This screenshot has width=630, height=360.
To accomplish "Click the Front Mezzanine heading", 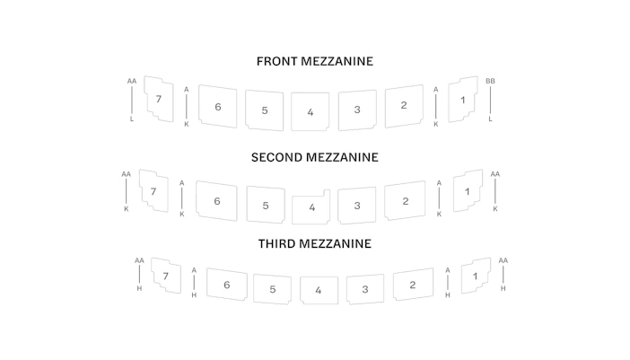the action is coord(315,61).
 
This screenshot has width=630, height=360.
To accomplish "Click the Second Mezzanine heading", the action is coord(315,157).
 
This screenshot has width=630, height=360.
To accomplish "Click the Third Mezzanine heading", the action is coord(315,243).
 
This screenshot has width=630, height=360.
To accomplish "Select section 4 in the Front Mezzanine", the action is coord(311,111).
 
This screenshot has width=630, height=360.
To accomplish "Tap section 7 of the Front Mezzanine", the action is coord(159,99).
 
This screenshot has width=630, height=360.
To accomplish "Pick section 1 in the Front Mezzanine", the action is coord(463,100).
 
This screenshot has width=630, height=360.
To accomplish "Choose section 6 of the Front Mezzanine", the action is coord(218,107).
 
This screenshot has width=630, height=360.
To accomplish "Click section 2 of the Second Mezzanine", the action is coord(405,201).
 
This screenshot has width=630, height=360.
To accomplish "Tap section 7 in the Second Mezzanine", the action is coord(153,191).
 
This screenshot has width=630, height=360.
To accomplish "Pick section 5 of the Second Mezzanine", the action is coord(266,206).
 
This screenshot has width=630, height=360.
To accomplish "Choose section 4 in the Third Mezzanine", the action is coord(319,290).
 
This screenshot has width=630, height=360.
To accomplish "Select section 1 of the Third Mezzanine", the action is coord(476,276).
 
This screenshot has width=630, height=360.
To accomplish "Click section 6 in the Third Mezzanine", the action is coord(227,285).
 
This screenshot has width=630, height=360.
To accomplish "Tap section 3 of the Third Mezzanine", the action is coord(365,289).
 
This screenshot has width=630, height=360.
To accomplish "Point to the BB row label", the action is coord(490,81).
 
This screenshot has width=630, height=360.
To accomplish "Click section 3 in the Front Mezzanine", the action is coord(357,110).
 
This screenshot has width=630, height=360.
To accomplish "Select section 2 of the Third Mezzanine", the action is coord(413,285).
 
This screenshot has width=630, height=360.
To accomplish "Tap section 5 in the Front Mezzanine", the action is coord(265,110).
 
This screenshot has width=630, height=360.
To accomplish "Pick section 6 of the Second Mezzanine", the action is coord(217,201).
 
